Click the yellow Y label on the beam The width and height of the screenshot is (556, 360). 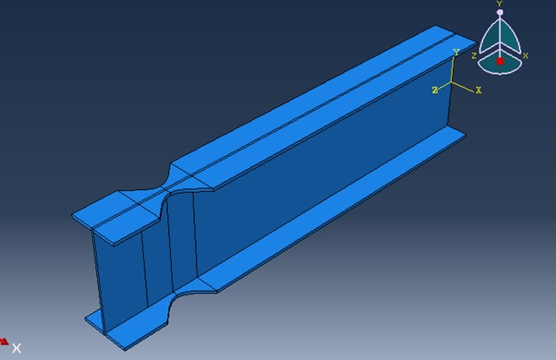pyautogui.click(x=456, y=53)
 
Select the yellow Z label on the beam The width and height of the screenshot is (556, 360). pyautogui.click(x=435, y=90)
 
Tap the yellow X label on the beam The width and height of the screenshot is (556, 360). pyautogui.click(x=478, y=90)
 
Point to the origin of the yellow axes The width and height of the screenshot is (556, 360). pyautogui.click(x=452, y=82)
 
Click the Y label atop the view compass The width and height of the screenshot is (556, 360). pyautogui.click(x=500, y=4)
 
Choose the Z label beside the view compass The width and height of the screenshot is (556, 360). pyautogui.click(x=474, y=56)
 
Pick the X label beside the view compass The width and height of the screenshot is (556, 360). pyautogui.click(x=526, y=55)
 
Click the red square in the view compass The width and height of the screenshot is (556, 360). pyautogui.click(x=500, y=61)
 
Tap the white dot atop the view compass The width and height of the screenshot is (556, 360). pyautogui.click(x=500, y=12)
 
